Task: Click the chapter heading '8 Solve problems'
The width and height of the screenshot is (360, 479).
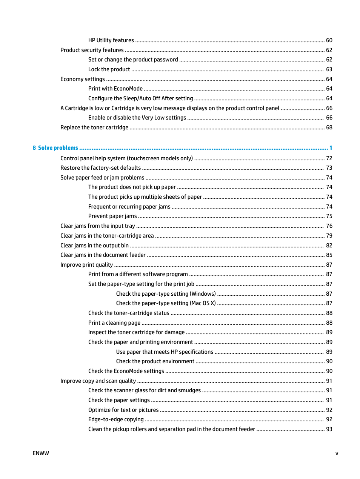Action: [55, 148]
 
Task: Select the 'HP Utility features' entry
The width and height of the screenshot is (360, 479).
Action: [111, 40]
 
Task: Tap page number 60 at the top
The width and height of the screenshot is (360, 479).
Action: [329, 40]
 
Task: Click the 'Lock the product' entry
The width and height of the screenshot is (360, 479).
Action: [109, 69]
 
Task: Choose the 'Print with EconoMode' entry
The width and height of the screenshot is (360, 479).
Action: [115, 89]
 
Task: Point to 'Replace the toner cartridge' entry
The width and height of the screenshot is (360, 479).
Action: [94, 127]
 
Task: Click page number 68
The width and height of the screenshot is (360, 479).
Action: [329, 127]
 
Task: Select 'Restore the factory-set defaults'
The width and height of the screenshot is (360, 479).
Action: [100, 168]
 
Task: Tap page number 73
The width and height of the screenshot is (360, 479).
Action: [329, 168]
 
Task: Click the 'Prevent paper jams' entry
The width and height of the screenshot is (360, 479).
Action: [112, 216]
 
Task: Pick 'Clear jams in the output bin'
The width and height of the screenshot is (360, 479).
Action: [94, 246]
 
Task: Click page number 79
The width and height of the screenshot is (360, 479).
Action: [329, 236]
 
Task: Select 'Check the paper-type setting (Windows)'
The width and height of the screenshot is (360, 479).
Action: [166, 294]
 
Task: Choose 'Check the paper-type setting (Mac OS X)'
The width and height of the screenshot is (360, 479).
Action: [166, 303]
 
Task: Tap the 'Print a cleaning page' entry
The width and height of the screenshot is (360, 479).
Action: [114, 323]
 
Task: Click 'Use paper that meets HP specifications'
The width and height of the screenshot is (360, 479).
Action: [165, 352]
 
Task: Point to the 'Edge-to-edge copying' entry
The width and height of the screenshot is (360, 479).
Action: [116, 419]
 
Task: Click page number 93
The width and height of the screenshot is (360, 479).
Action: [329, 429]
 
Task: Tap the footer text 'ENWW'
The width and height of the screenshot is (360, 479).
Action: [41, 453]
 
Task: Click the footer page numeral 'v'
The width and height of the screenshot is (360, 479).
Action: [337, 453]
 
